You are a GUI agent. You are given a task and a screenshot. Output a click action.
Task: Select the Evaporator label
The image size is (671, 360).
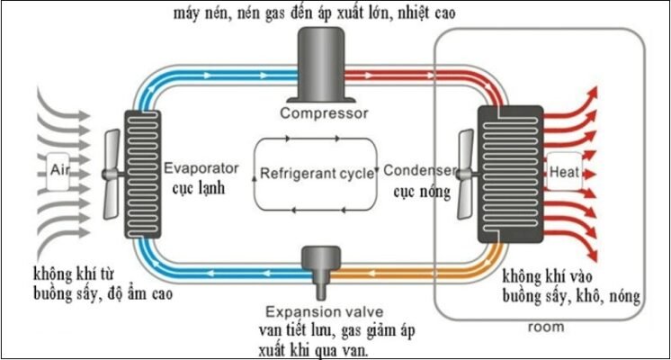tap(201, 168)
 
